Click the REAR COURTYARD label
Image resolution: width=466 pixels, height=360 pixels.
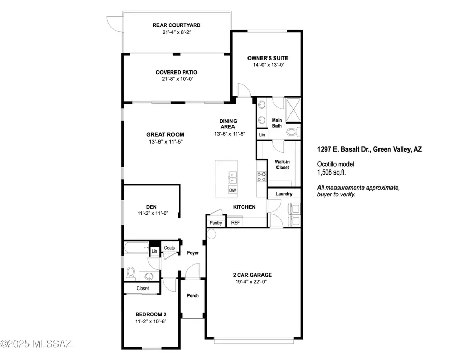[x=177, y=25]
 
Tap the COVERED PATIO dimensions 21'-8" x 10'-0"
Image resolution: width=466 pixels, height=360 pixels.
[x=177, y=80]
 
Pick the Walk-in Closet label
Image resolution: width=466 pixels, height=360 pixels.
[x=283, y=165]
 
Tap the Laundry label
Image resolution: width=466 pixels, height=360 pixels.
[x=284, y=194]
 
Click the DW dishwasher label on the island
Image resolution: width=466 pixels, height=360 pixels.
[x=232, y=190]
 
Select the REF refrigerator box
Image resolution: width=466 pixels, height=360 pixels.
[x=236, y=223]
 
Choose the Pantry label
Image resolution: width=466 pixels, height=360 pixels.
[x=215, y=223]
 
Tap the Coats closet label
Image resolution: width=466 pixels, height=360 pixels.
[x=169, y=248]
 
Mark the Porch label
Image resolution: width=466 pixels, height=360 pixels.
[x=192, y=296]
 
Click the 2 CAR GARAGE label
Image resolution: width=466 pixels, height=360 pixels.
[x=251, y=275]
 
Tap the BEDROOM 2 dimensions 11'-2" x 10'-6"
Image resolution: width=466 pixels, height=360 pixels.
[x=151, y=321]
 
